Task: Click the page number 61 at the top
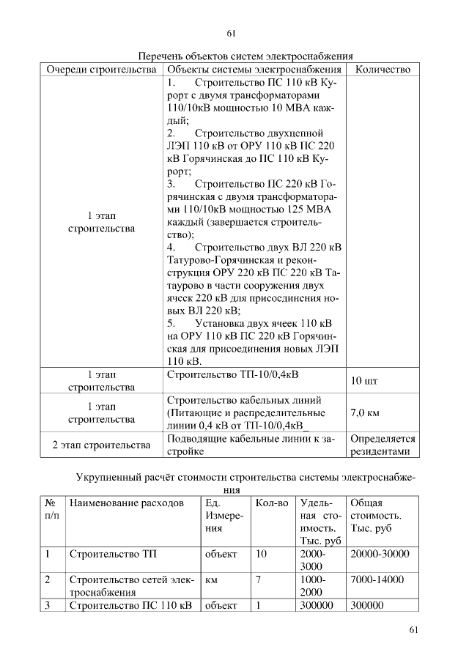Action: pyautogui.click(x=232, y=33)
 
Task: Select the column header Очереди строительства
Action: pyautogui.click(x=102, y=70)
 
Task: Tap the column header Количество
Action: pyautogui.click(x=383, y=70)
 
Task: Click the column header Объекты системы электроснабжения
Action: pyautogui.click(x=254, y=70)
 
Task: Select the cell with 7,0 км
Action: pyautogui.click(x=365, y=413)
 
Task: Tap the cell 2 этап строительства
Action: pyautogui.click(x=102, y=445)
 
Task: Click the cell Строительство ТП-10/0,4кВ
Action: pyautogui.click(x=233, y=375)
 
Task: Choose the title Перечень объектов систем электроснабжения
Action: pyautogui.click(x=246, y=56)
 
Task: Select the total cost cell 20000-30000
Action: pyautogui.click(x=380, y=554)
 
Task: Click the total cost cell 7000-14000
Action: pyautogui.click(x=377, y=579)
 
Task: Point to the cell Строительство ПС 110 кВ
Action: pyautogui.click(x=130, y=605)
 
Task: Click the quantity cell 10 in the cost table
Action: pyautogui.click(x=261, y=554)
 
